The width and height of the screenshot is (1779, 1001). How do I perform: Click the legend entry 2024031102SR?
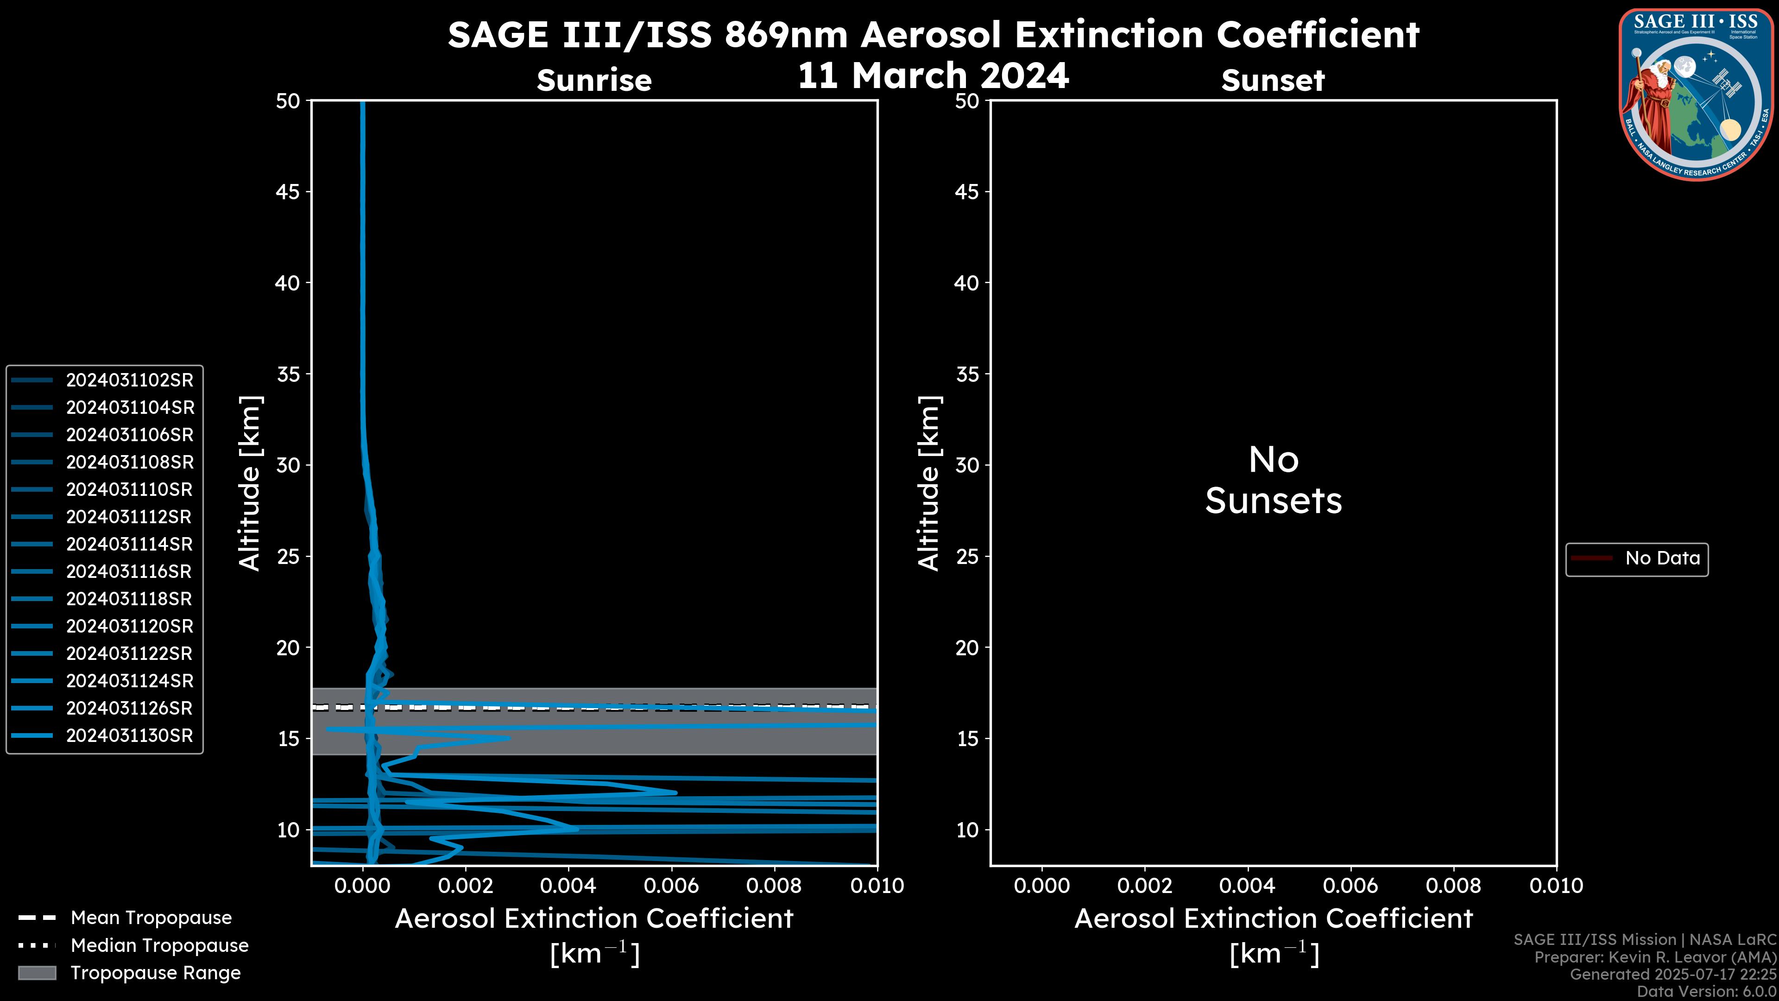[x=130, y=380]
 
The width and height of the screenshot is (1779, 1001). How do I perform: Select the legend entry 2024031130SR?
[x=130, y=736]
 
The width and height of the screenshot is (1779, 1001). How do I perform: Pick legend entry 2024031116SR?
[x=130, y=572]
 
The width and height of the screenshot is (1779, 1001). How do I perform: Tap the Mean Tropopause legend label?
[x=151, y=918]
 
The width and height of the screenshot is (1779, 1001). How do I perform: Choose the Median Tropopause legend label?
[x=159, y=946]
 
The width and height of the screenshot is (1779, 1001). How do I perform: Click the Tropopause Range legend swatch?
[x=37, y=973]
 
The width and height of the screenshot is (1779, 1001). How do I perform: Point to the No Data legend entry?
[x=1662, y=558]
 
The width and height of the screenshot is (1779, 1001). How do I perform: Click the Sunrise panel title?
[x=594, y=81]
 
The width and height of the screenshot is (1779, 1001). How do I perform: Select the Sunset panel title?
[x=1273, y=81]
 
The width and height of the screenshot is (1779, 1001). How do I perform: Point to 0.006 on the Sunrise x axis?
[x=671, y=886]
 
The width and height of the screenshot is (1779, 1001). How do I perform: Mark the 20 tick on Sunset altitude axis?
[x=967, y=648]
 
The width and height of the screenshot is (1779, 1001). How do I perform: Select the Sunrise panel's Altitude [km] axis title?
[x=250, y=483]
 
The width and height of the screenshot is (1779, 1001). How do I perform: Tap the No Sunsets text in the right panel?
[x=1274, y=480]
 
